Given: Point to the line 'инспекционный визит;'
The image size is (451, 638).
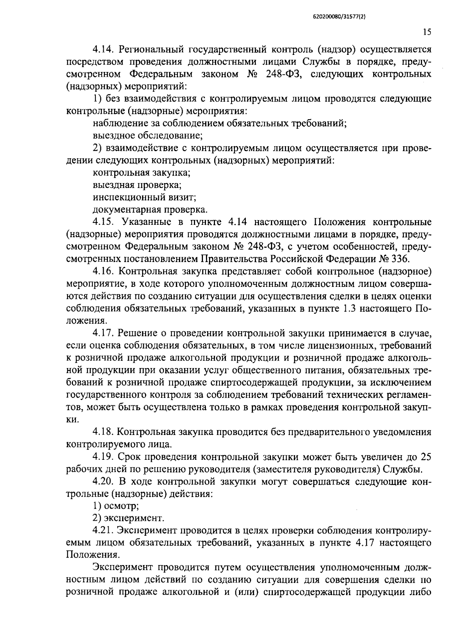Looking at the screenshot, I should pos(145,197).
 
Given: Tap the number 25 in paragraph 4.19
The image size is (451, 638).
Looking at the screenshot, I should pos(425,457).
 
